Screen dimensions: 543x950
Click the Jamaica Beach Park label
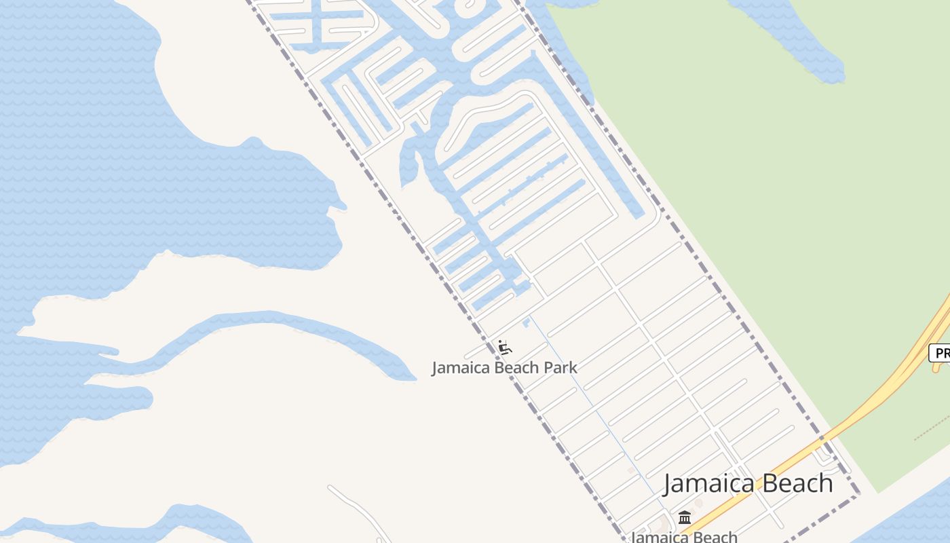click(x=504, y=368)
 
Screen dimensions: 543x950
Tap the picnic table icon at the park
click(x=504, y=348)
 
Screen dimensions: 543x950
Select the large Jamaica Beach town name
click(x=748, y=483)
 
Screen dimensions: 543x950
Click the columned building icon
click(x=685, y=518)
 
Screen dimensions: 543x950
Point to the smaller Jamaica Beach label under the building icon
click(x=684, y=537)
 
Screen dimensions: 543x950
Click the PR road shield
click(x=940, y=353)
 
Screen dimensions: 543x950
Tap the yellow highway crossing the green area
click(x=882, y=400)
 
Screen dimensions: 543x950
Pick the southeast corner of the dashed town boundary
click(x=856, y=494)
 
